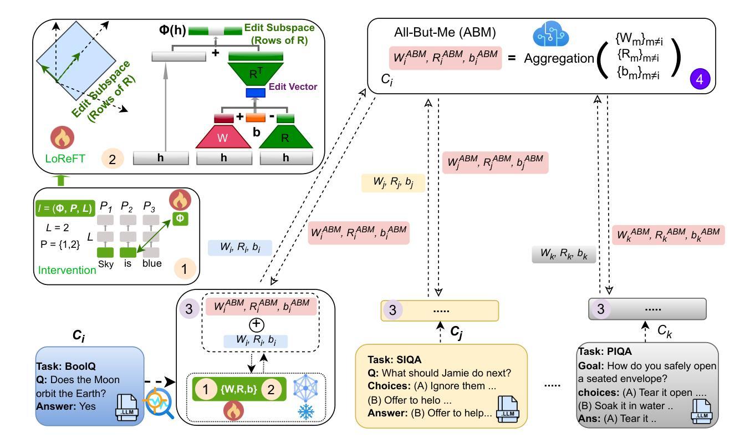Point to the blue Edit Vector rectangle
tap(256, 93)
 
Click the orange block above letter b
tap(256, 118)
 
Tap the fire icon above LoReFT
tap(63, 138)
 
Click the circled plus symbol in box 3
tap(257, 324)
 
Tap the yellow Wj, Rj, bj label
tap(392, 183)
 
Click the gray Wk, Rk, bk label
tap(564, 255)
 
